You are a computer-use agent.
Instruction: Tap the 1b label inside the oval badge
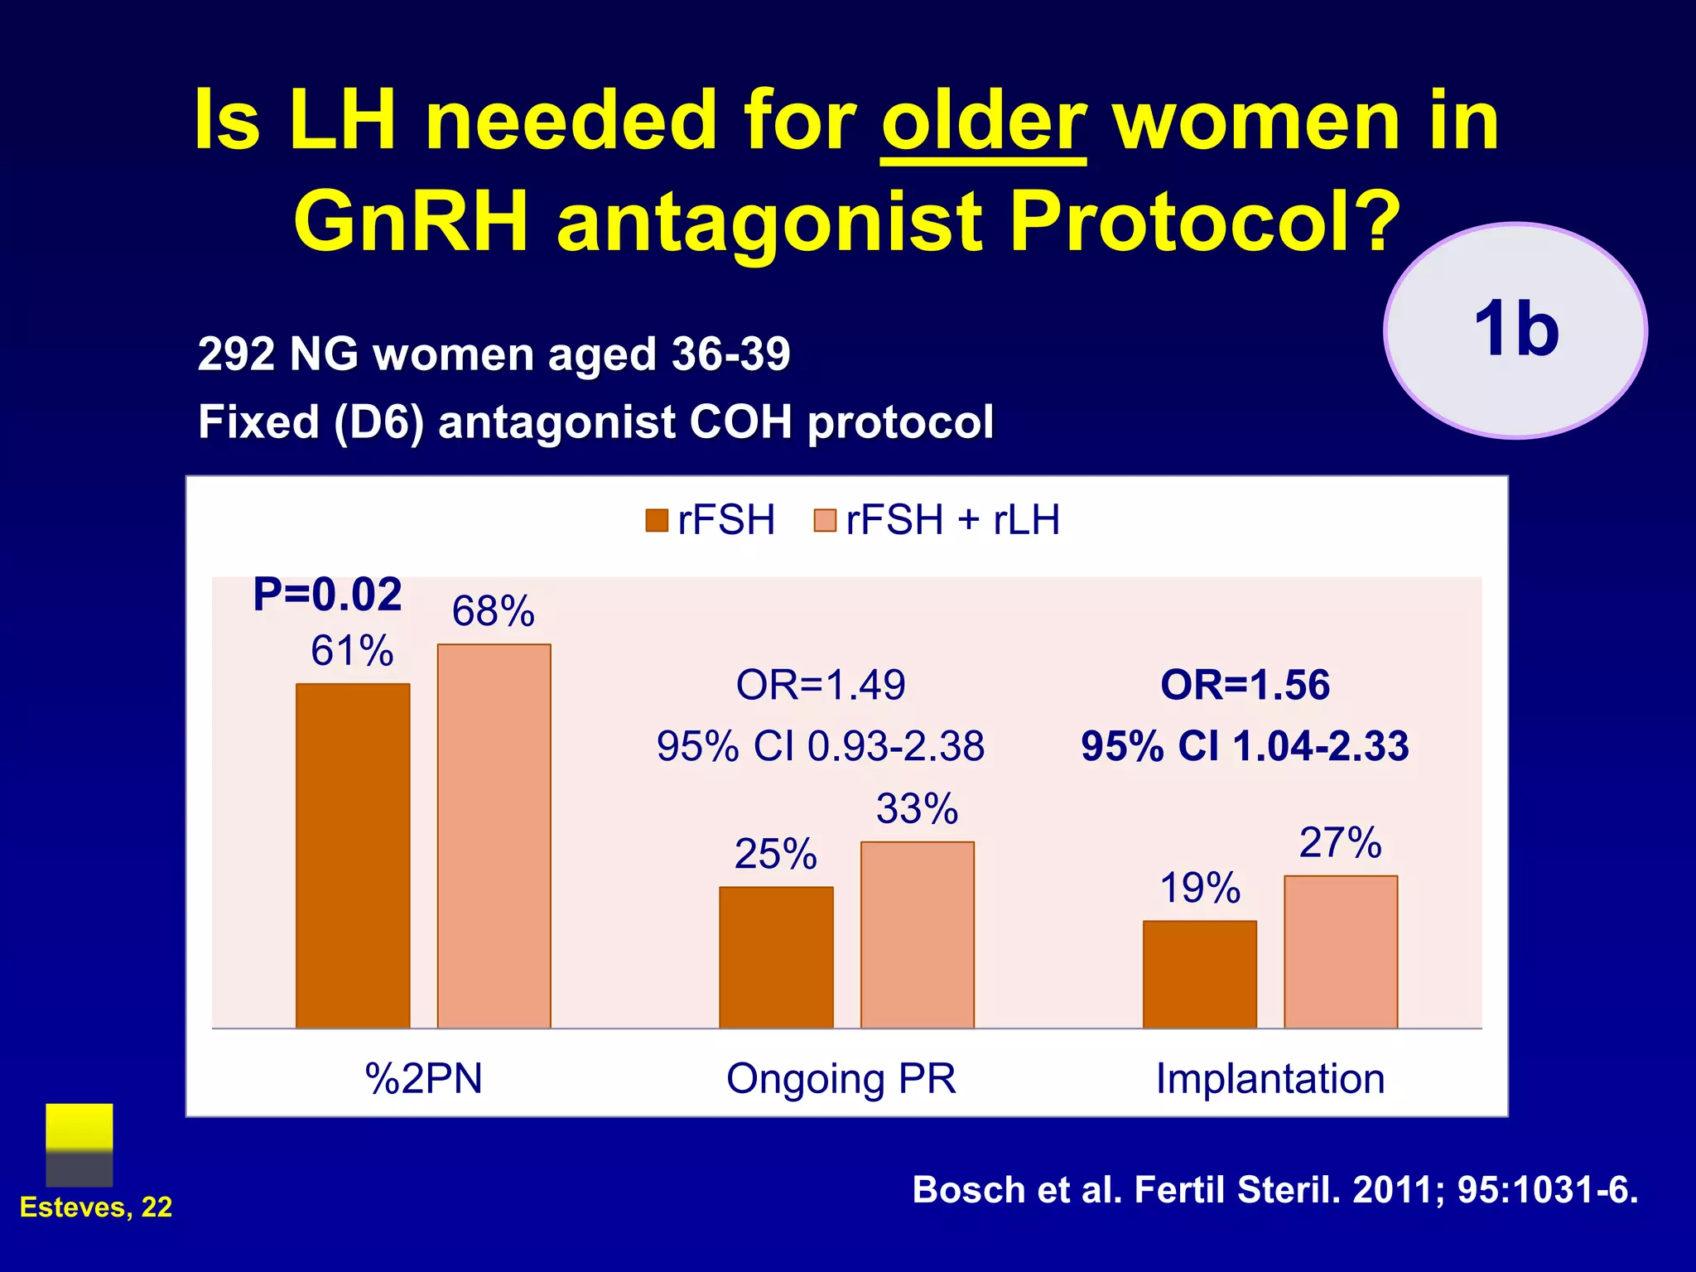coord(1516,330)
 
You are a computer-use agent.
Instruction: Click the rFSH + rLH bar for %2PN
coord(494,836)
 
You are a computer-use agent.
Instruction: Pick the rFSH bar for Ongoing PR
coord(776,957)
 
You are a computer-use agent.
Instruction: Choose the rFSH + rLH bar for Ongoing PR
coord(917,935)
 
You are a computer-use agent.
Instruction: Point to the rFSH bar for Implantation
coord(1199,974)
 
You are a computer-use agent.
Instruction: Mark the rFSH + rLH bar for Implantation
coord(1341,952)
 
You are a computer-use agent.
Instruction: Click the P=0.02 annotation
coord(327,595)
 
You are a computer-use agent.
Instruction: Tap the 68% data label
coord(493,612)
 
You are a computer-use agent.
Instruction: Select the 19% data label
coord(1199,889)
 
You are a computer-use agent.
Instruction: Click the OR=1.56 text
coord(1245,686)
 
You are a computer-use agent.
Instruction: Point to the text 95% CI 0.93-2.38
coord(820,746)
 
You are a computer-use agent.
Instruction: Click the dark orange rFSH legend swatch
coord(657,521)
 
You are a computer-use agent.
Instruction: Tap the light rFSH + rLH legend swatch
coord(825,521)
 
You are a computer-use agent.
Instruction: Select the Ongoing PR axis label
coord(841,1079)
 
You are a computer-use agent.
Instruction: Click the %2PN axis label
coord(423,1079)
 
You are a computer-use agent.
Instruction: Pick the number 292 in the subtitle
coord(235,354)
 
